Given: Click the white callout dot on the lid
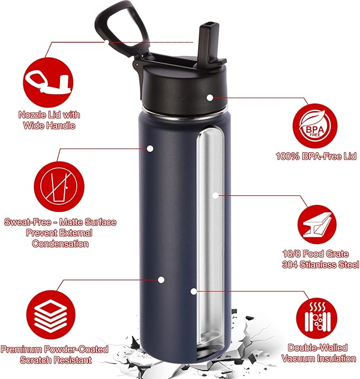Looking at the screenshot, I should click(x=210, y=98).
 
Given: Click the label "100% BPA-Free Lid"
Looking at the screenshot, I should click(x=317, y=156).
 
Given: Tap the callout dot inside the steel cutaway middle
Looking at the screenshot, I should click(x=215, y=195).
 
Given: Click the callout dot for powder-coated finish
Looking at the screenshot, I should click(x=161, y=279).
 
